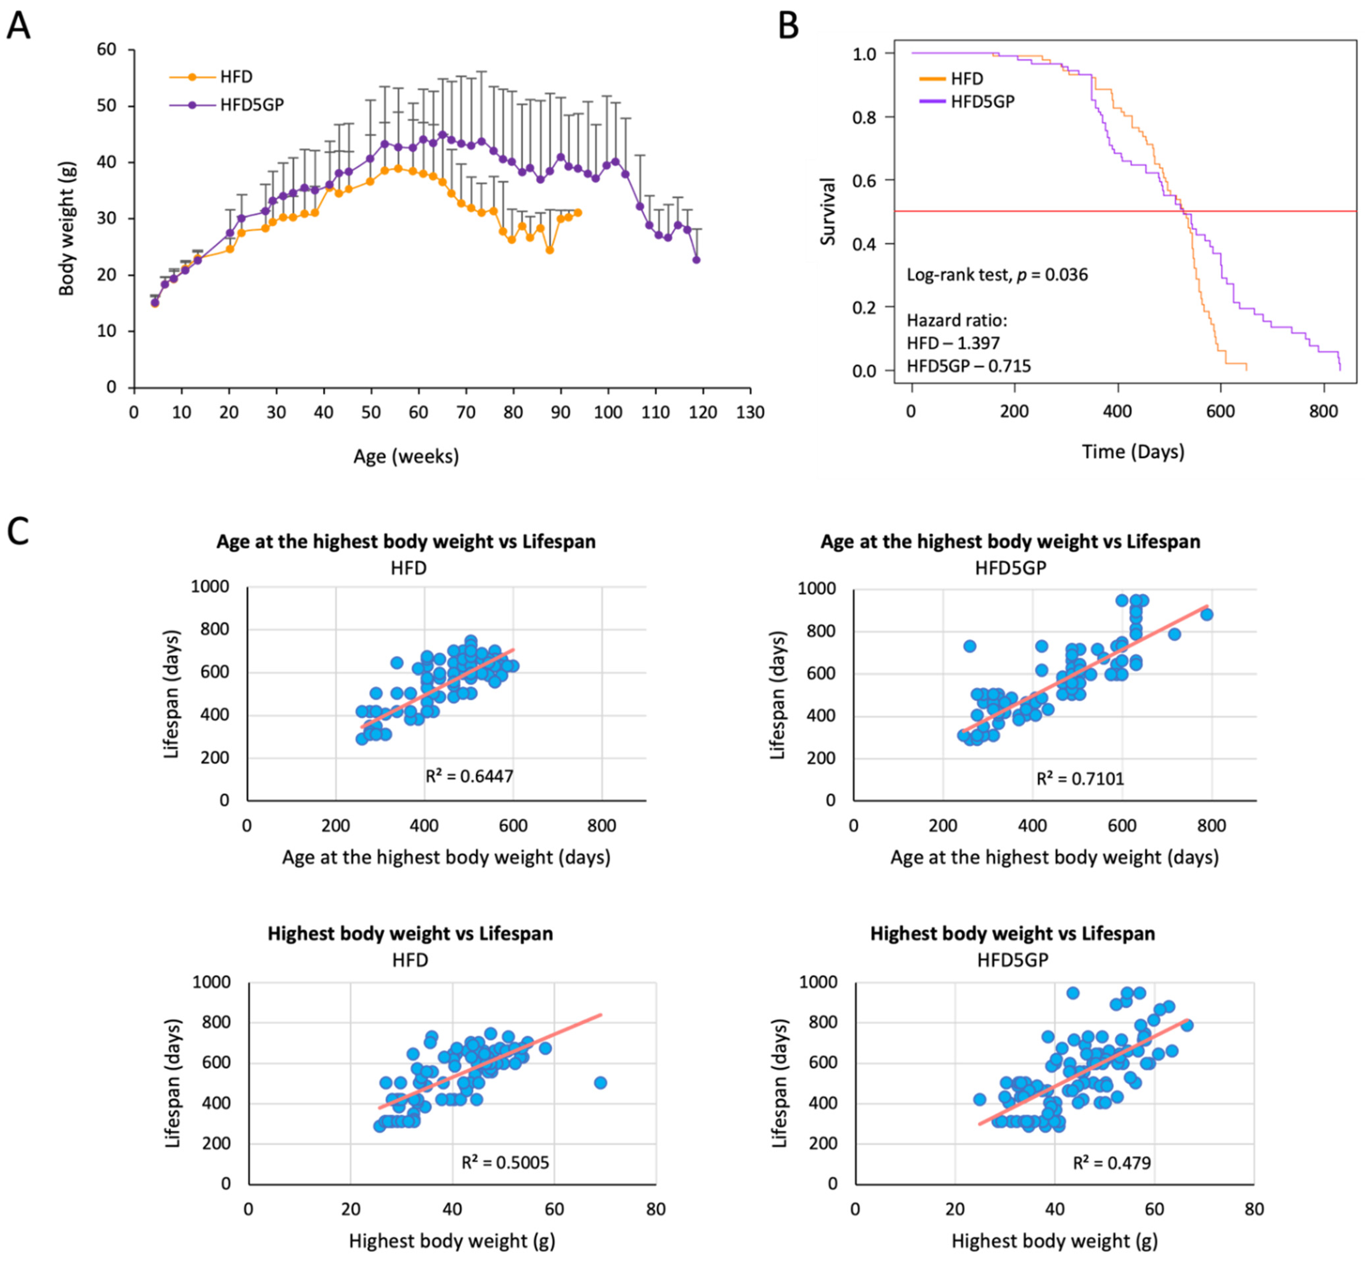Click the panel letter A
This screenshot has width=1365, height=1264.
(x=19, y=27)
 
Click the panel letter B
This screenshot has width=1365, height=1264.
(x=789, y=27)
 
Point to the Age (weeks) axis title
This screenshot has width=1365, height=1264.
(x=406, y=456)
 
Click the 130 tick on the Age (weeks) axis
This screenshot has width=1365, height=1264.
(x=750, y=412)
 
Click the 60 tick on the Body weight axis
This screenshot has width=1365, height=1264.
(x=106, y=49)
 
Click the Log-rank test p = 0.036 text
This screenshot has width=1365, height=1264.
(x=996, y=275)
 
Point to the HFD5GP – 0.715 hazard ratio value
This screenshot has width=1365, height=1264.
(x=968, y=366)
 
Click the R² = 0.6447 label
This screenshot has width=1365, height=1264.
(x=469, y=776)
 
